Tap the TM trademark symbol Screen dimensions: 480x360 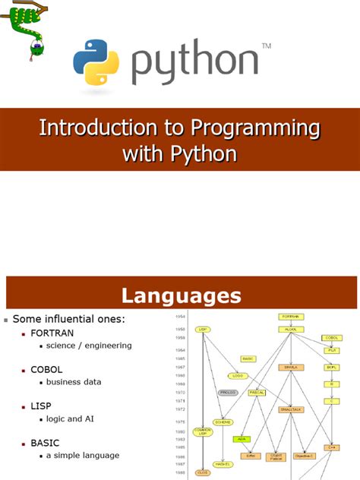tap(266, 47)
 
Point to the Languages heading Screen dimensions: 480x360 tap(181, 295)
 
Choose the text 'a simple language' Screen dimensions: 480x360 tap(83, 455)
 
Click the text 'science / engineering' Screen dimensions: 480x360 tap(89, 345)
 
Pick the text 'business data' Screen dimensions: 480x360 tap(74, 381)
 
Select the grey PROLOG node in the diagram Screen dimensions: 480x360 tap(229, 393)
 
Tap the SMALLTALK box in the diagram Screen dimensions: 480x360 tap(292, 409)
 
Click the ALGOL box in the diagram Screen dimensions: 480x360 tap(292, 329)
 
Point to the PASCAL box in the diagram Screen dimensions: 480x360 tap(257, 393)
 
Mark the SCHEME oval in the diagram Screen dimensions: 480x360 tap(222, 422)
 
